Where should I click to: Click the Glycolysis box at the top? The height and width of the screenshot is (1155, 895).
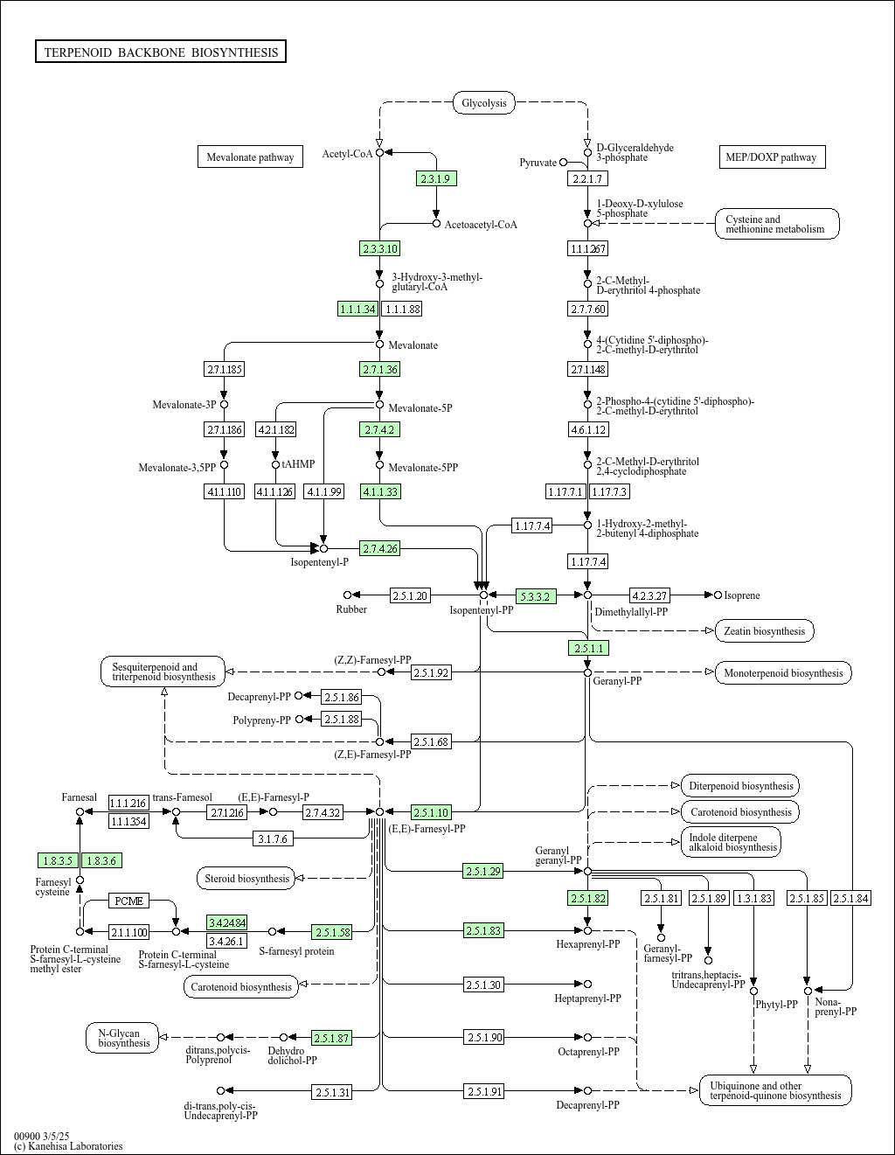click(x=483, y=103)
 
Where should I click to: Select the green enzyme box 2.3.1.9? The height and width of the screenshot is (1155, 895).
click(x=435, y=178)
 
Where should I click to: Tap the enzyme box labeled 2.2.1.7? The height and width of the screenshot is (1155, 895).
click(x=586, y=178)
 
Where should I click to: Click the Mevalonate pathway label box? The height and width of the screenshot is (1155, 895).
click(x=250, y=157)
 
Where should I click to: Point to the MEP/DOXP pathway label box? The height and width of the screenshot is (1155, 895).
click(x=771, y=157)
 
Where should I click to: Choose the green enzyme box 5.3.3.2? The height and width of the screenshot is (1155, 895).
click(x=535, y=596)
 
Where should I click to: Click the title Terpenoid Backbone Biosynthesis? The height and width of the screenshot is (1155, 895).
click(x=161, y=52)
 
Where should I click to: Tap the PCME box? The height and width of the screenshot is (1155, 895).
click(x=129, y=901)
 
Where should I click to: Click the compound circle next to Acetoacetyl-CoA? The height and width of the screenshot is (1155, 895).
click(x=436, y=224)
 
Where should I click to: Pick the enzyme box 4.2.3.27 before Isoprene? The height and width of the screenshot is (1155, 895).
click(x=649, y=595)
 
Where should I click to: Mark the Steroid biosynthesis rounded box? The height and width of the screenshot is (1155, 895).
click(x=246, y=878)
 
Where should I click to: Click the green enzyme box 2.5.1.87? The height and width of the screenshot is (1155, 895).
click(x=332, y=1038)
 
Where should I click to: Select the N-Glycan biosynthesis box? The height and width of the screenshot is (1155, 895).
click(x=123, y=1038)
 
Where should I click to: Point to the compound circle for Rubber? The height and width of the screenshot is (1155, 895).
click(x=347, y=595)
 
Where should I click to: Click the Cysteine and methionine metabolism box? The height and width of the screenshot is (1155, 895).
click(x=777, y=224)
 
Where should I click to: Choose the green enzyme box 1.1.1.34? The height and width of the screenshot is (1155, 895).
click(x=357, y=309)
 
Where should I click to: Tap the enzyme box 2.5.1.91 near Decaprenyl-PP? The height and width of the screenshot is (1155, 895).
click(x=484, y=1091)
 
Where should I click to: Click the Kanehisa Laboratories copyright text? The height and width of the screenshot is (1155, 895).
click(x=68, y=1145)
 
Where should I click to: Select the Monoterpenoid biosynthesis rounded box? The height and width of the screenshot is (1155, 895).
click(x=782, y=672)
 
